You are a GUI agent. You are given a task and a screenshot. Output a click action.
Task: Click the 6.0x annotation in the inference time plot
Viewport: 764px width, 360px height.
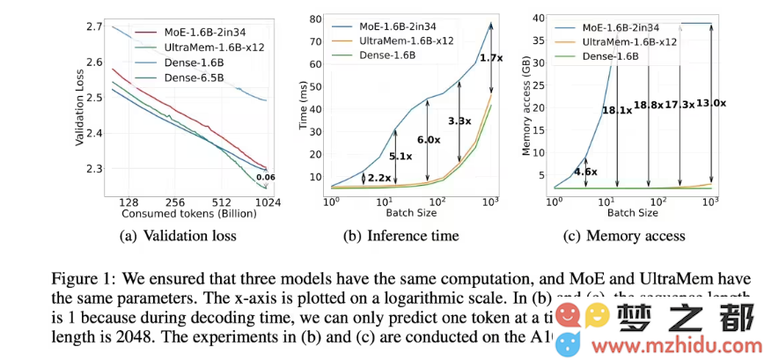click(x=429, y=140)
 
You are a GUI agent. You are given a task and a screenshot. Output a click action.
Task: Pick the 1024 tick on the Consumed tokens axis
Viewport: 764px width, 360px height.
click(x=268, y=202)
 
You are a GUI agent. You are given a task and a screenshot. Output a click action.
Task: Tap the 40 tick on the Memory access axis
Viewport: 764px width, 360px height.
click(x=541, y=17)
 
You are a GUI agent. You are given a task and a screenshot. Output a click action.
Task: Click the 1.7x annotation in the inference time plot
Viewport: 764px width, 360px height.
click(x=489, y=58)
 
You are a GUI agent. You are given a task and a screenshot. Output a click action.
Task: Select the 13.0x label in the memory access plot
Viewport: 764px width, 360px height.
click(x=711, y=103)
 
